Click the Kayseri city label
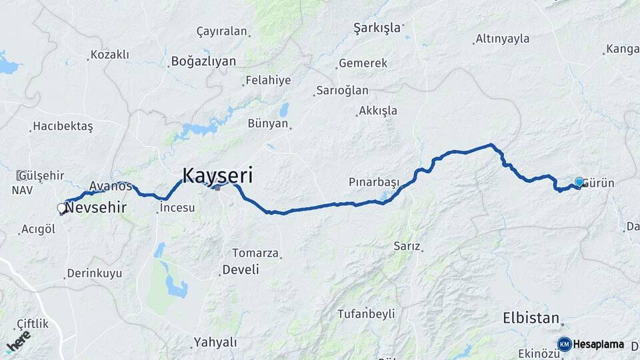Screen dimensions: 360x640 click(217, 175)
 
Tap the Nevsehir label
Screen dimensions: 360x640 click(96, 207)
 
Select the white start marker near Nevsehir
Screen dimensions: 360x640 click(62, 209)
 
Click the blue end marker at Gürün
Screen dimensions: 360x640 click(579, 182)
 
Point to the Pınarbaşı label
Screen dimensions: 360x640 click(373, 182)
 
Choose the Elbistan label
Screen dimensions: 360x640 click(531, 318)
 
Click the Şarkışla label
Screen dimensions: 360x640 click(377, 27)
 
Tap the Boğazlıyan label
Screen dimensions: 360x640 click(203, 61)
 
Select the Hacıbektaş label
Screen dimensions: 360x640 click(63, 126)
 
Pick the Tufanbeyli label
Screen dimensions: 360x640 click(366, 313)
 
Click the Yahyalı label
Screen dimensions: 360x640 click(215, 342)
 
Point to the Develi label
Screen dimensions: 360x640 click(241, 269)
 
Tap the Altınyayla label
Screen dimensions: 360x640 click(503, 39)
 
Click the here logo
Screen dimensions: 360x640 click(18, 341)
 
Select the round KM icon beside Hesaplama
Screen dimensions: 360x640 click(565, 344)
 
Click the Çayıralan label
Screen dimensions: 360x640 click(222, 31)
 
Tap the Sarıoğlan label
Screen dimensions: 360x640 click(342, 91)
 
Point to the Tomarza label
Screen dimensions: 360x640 click(253, 253)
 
